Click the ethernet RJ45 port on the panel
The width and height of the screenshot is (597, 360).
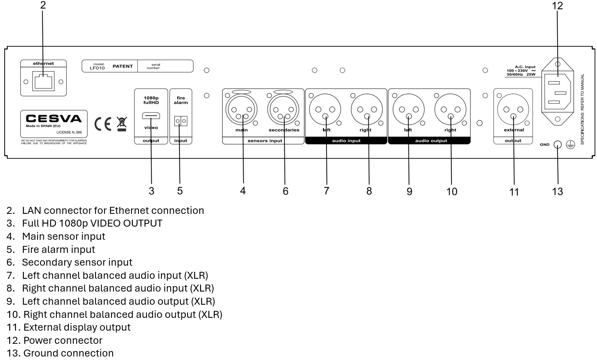click(43, 81)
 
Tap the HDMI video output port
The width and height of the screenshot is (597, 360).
click(151, 116)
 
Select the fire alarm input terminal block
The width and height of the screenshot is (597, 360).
click(180, 121)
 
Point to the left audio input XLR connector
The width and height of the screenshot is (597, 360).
click(325, 109)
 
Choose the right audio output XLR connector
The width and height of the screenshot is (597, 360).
click(450, 109)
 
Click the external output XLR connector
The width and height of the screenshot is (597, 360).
click(513, 109)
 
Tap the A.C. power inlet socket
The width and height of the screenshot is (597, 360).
click(557, 92)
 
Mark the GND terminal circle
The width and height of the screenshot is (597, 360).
click(558, 145)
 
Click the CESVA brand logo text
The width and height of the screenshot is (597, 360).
click(54, 119)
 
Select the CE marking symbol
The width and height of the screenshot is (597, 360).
click(103, 123)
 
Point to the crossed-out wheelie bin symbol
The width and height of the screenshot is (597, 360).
click(121, 124)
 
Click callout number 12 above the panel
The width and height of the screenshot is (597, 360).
click(557, 6)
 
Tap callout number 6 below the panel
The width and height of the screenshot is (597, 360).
click(286, 191)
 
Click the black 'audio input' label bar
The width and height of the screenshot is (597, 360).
click(346, 141)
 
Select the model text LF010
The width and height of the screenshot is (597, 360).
click(97, 68)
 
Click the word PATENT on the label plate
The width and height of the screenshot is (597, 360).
click(123, 66)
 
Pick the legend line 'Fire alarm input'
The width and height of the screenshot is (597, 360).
click(58, 249)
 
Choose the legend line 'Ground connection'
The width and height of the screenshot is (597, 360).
click(68, 353)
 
